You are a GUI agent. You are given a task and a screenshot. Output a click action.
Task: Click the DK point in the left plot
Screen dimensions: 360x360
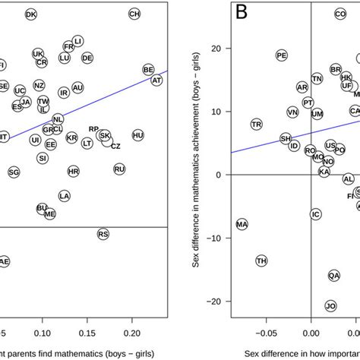(30, 14)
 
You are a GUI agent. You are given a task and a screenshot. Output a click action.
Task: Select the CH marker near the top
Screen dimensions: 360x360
(134, 14)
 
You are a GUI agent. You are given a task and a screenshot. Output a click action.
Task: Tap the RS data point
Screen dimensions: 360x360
(103, 235)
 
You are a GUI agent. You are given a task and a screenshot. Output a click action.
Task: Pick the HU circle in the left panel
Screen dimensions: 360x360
(137, 135)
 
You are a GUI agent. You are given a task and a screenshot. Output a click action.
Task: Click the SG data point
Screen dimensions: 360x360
(14, 173)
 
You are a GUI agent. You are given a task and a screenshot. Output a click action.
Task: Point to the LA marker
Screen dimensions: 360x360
(65, 196)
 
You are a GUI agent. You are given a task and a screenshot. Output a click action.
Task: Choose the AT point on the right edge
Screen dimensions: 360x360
(156, 80)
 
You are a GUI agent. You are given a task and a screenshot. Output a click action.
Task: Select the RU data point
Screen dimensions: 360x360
(119, 170)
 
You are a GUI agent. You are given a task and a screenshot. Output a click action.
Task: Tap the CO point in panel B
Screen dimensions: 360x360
(340, 14)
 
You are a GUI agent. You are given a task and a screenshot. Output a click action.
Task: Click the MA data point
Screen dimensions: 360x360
(242, 225)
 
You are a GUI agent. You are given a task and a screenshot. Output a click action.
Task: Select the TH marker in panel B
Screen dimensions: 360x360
(261, 261)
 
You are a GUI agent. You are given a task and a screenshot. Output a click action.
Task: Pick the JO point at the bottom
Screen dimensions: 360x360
(330, 306)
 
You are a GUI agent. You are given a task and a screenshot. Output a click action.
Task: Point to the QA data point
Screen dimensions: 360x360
(334, 276)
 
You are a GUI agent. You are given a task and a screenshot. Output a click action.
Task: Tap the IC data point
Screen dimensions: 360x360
(316, 214)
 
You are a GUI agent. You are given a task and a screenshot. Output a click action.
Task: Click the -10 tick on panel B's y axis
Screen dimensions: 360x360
(219, 238)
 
